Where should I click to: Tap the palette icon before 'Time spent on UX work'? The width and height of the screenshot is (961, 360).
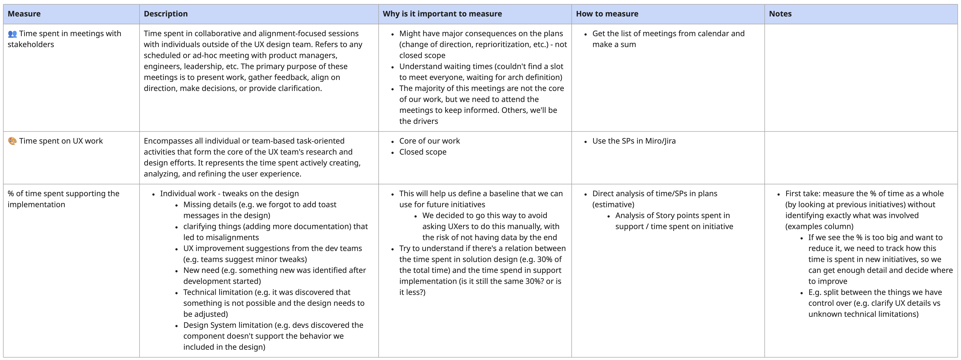click(x=12, y=141)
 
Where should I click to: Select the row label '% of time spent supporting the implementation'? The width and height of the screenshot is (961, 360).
click(x=63, y=199)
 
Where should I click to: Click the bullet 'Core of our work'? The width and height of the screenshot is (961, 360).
click(x=429, y=141)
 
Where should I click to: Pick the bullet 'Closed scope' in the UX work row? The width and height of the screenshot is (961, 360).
click(x=423, y=152)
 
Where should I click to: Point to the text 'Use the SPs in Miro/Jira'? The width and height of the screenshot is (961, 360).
click(x=634, y=141)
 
